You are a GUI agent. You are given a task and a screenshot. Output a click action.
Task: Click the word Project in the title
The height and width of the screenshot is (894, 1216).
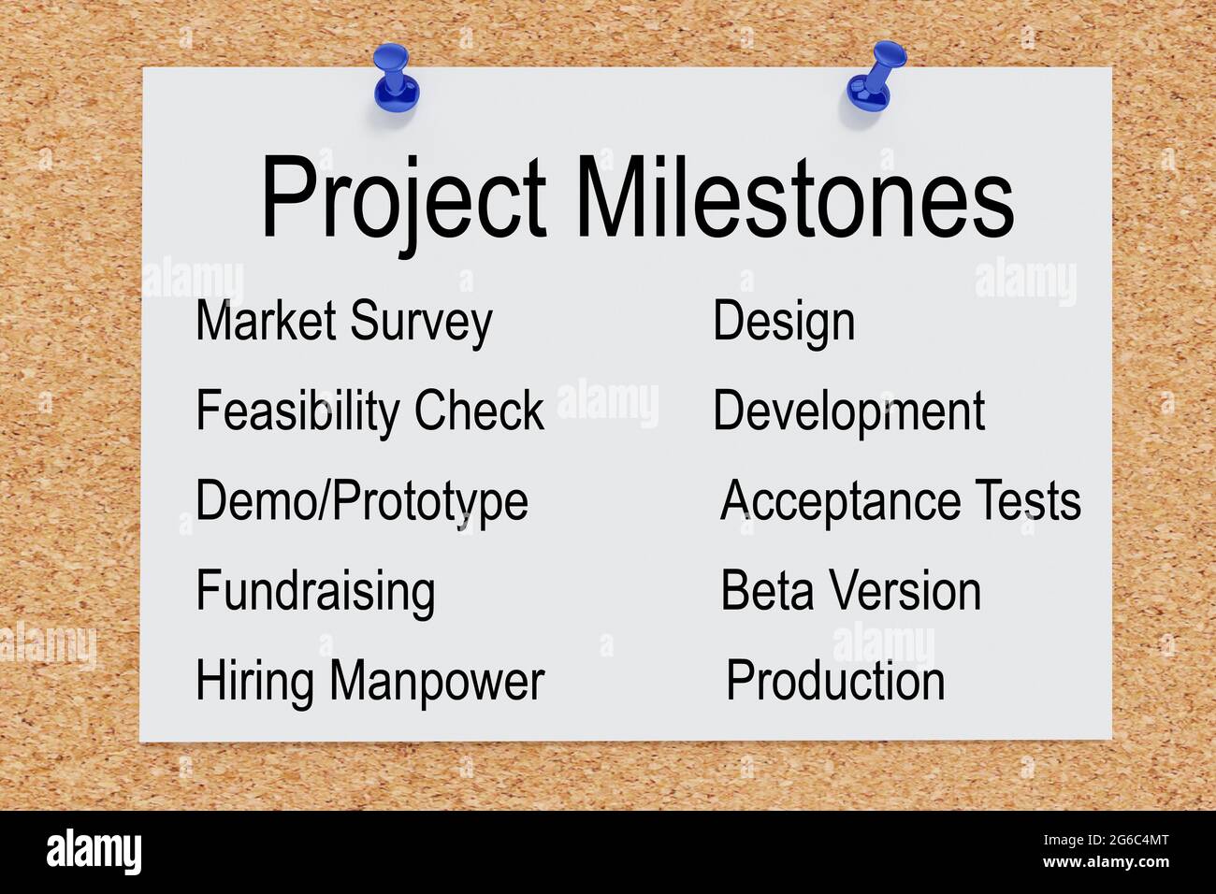pyautogui.click(x=403, y=198)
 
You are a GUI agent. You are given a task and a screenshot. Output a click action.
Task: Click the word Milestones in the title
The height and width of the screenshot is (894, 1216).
pyautogui.click(x=794, y=198)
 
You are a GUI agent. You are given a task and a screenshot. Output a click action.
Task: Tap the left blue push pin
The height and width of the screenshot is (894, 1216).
pyautogui.click(x=395, y=79)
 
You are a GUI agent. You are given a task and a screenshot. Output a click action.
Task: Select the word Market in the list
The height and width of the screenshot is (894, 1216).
pyautogui.click(x=266, y=321)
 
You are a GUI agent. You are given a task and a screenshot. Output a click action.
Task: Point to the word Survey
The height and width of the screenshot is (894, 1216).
pyautogui.click(x=421, y=323)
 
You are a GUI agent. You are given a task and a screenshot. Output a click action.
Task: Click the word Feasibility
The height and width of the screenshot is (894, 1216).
pyautogui.click(x=297, y=411)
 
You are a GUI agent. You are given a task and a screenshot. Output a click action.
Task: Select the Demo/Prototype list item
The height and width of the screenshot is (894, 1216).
pyautogui.click(x=362, y=502)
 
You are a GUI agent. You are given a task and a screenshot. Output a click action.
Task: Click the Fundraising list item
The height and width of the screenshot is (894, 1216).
pyautogui.click(x=315, y=592)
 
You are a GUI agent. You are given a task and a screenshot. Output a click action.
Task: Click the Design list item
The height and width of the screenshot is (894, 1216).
pyautogui.click(x=784, y=323)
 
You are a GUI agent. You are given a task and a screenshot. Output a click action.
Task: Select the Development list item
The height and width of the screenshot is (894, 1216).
pyautogui.click(x=848, y=411)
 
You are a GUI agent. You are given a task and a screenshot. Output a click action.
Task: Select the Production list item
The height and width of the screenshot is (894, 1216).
pyautogui.click(x=835, y=681)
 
